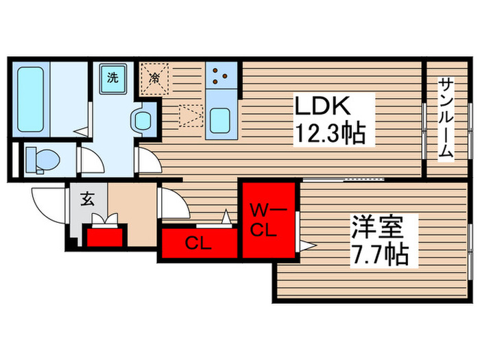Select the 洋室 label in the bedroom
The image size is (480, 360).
click(376, 228)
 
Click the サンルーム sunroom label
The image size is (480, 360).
click(446, 118)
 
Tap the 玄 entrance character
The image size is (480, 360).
click(88, 200)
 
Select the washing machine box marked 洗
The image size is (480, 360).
click(112, 77)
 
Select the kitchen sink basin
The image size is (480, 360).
click(221, 121)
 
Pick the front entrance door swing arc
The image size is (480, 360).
click(47, 201)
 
